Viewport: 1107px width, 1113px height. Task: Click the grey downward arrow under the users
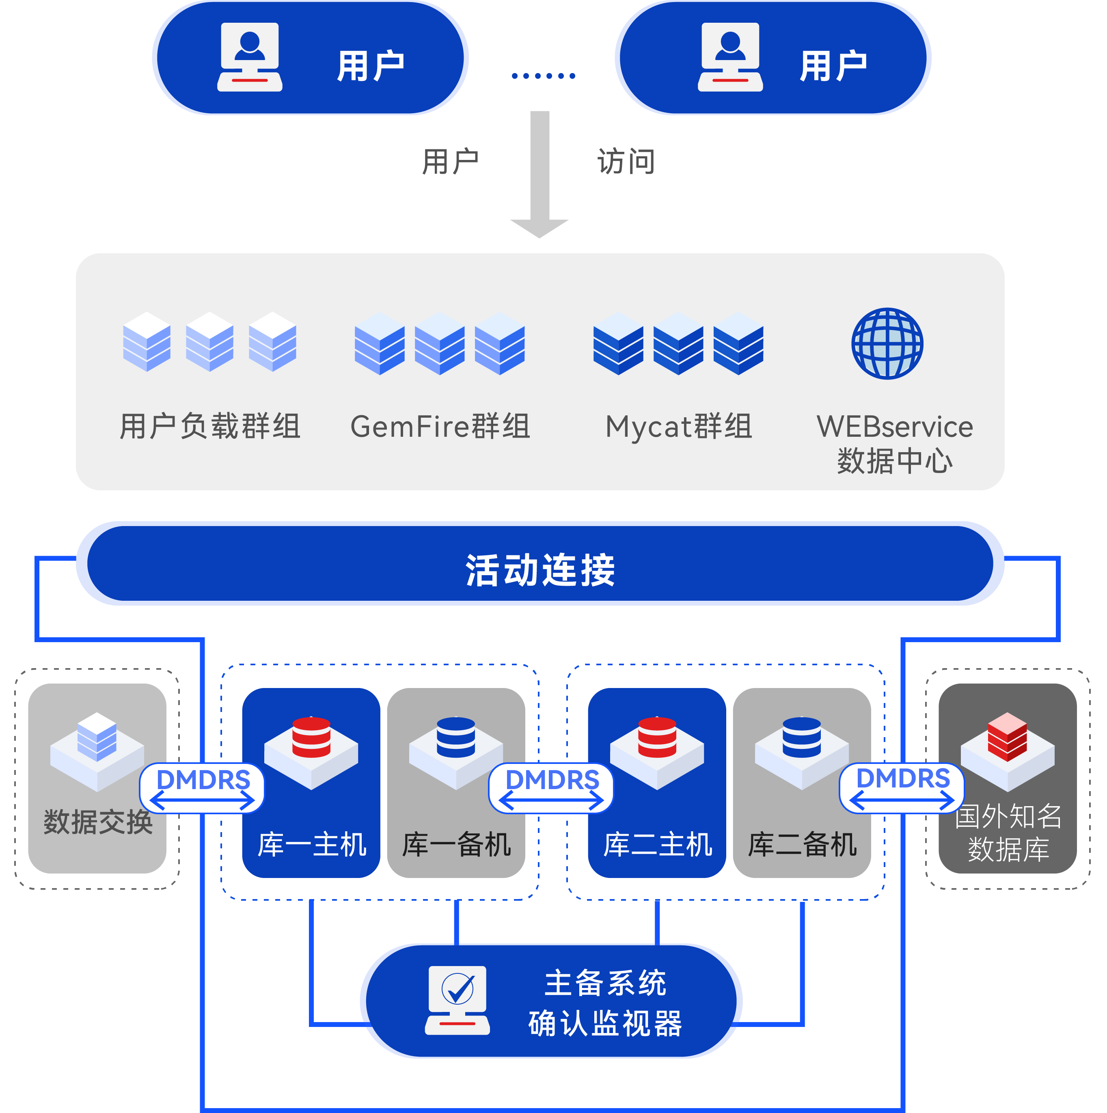click(539, 173)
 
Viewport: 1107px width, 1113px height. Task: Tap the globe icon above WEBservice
click(887, 344)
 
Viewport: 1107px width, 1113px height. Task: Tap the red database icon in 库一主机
click(311, 738)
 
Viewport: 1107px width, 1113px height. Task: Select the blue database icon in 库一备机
click(456, 738)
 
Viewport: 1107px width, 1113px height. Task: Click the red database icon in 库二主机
click(657, 738)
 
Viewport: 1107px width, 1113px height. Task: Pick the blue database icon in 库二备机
click(802, 738)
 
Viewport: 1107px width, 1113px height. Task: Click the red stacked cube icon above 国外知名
click(1007, 737)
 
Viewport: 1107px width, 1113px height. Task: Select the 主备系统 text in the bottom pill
click(605, 983)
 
